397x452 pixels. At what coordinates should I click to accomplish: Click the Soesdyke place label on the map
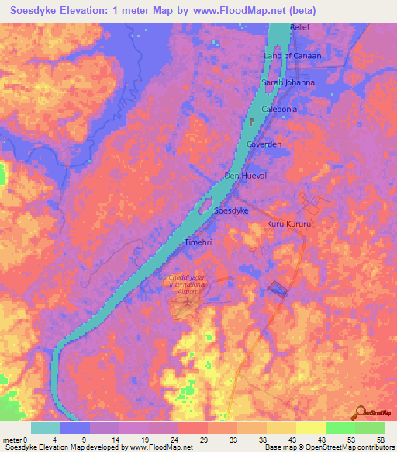230,210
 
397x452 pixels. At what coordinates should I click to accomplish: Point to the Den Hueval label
245,176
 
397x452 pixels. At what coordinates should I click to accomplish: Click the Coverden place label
264,145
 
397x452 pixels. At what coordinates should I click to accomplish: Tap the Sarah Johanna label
288,82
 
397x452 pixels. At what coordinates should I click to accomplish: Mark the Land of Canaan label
292,56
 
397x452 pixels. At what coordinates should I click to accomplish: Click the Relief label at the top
300,27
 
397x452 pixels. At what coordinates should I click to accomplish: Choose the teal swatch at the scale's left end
46,428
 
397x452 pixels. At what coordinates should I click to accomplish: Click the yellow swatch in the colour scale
310,428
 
